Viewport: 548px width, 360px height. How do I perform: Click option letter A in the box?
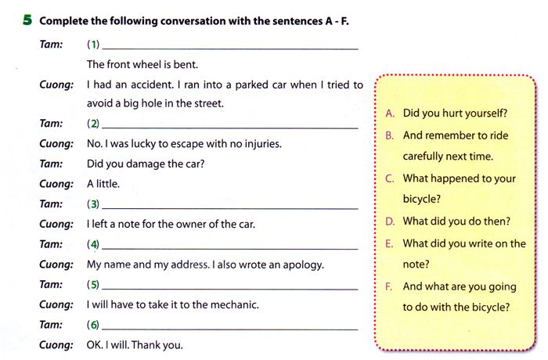390,113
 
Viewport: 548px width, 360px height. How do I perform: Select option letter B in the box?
390,135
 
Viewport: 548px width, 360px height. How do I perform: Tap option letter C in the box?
390,178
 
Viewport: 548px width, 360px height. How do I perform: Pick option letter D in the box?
390,221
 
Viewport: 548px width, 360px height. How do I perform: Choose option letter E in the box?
390,243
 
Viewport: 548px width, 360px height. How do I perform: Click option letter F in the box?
390,286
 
